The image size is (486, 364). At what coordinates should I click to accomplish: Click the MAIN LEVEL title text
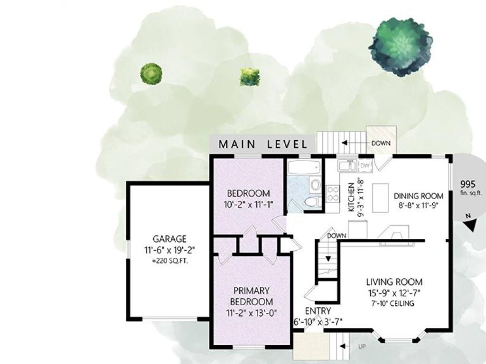(263, 144)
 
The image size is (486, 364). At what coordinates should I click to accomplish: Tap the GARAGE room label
(169, 239)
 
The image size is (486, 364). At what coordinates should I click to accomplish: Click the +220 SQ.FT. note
(170, 261)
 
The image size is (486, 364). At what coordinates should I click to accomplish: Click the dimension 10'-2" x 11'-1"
(249, 204)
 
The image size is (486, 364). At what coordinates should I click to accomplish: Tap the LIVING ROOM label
(394, 282)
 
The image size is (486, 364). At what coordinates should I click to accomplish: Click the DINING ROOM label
(419, 196)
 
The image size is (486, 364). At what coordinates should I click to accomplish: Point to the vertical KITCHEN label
(351, 197)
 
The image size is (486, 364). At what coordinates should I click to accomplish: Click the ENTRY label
(318, 311)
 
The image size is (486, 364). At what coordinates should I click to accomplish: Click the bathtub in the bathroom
(304, 168)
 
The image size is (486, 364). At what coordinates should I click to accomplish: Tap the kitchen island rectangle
(381, 198)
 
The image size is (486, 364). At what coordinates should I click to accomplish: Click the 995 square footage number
(467, 184)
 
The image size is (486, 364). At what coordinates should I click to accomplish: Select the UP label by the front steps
(362, 346)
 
